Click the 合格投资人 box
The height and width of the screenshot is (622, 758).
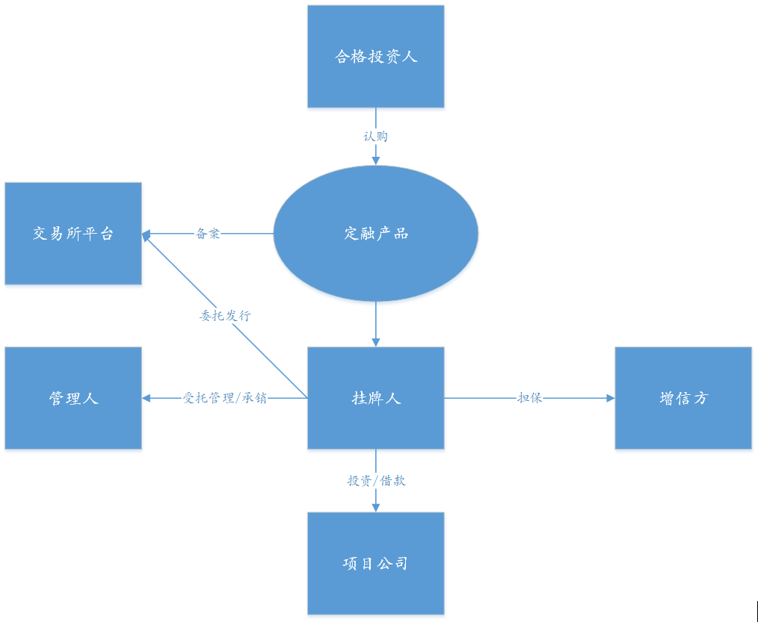[x=375, y=57]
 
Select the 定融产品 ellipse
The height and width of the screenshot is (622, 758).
[x=375, y=234]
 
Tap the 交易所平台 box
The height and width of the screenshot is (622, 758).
[x=73, y=234]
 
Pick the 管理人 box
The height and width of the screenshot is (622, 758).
[x=73, y=398]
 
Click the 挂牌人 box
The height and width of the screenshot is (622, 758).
[x=375, y=398]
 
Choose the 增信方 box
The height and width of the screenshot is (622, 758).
[x=683, y=398]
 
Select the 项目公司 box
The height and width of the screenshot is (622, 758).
[x=375, y=563]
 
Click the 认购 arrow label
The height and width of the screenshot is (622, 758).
[x=375, y=137]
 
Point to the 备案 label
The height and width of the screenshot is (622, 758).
[x=208, y=234]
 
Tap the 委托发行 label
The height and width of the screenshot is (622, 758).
[x=225, y=315]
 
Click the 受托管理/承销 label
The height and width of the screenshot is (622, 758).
[x=225, y=398]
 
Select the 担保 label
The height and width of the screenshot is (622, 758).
[x=529, y=398]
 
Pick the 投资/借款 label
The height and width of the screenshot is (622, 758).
[x=376, y=481]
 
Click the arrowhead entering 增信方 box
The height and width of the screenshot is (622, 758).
[x=610, y=398]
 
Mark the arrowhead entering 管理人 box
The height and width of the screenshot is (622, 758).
[x=147, y=398]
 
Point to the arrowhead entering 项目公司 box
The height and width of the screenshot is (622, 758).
[x=375, y=507]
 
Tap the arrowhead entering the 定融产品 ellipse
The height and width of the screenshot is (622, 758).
[x=375, y=160]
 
